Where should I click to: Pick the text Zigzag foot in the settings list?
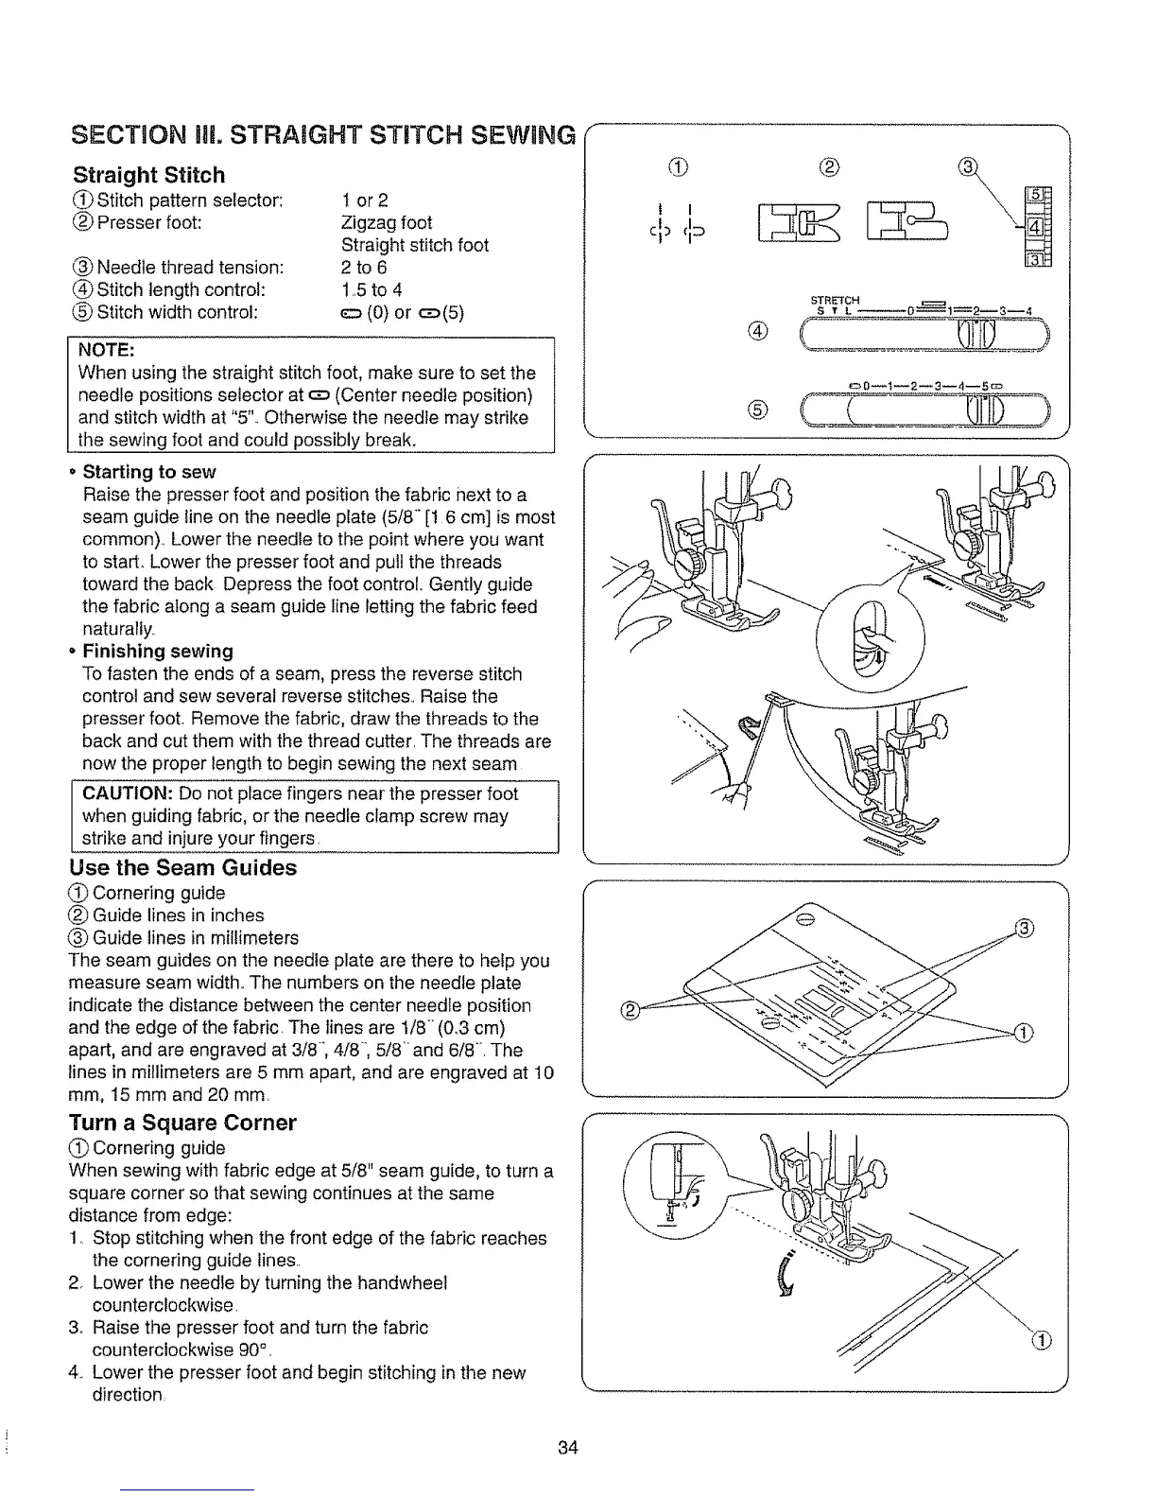[386, 223]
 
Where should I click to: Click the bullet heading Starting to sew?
[149, 472]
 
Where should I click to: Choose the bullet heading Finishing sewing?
[157, 652]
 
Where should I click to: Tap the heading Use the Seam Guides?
[183, 868]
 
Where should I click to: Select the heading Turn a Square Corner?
[183, 1123]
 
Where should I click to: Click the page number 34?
[567, 1448]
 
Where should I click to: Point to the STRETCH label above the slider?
[835, 302]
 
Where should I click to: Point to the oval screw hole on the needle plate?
[805, 919]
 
